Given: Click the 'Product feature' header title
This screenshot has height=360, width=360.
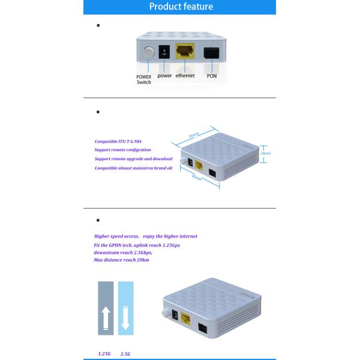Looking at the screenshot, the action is tap(181, 7).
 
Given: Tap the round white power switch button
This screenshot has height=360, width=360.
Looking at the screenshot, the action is tap(147, 54).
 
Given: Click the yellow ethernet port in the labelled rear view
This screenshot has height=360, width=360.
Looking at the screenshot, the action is tap(184, 52).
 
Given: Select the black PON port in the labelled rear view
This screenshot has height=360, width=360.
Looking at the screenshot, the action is tap(211, 53).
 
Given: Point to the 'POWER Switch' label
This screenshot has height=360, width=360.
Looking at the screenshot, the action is tap(144, 79).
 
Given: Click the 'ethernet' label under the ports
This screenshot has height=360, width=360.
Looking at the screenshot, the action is tap(185, 76).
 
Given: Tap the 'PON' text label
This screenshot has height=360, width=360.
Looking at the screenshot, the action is tap(211, 76).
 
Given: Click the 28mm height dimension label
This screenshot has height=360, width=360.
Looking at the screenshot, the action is tap(266, 153).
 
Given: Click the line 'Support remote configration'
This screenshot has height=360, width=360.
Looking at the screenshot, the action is tap(123, 150).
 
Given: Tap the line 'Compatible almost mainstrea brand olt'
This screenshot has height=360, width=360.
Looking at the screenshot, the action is tap(133, 168).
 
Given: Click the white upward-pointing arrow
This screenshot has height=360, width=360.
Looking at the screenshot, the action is tap(106, 317).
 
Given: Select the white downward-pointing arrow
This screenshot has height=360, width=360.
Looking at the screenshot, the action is tap(126, 317).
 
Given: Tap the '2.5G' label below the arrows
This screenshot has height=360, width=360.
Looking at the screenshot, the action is tap(125, 353).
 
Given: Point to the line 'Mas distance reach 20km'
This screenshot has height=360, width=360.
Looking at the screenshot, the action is tap(121, 260).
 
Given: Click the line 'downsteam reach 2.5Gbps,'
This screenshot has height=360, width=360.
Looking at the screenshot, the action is tap(123, 252).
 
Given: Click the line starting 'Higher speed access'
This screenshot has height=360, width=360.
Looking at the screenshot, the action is tap(146, 236).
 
